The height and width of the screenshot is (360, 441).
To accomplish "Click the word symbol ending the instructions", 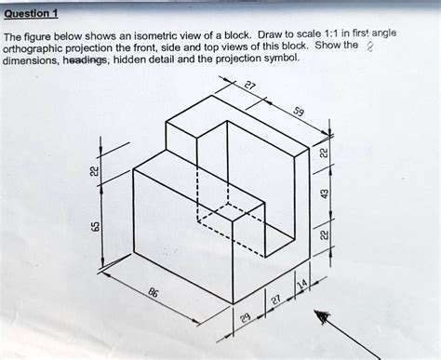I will [281, 58].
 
